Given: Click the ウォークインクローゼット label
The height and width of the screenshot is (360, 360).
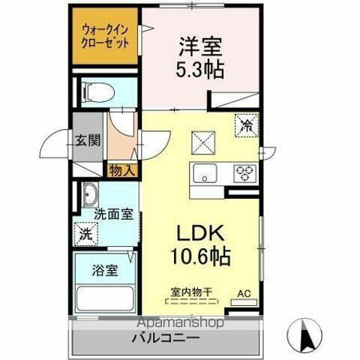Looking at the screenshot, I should click(x=104, y=36).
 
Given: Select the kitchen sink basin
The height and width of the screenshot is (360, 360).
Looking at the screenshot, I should click(x=205, y=174).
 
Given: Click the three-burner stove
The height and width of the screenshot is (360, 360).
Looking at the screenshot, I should click(x=244, y=173).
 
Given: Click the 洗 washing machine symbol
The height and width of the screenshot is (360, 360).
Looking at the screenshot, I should click(x=88, y=233).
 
